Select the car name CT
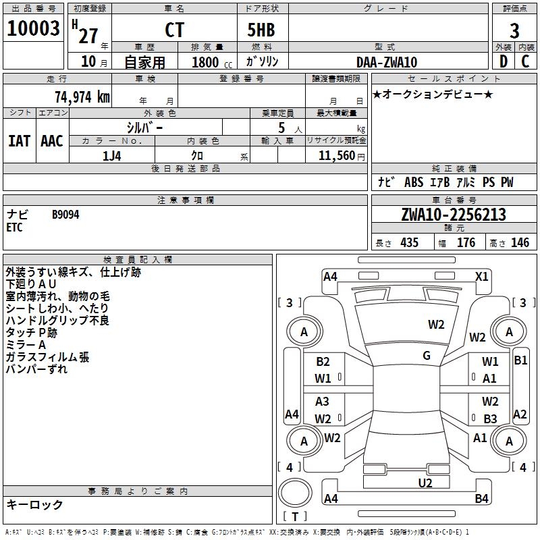[x=173, y=30]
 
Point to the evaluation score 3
[x=514, y=31]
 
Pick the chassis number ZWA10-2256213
[x=453, y=215]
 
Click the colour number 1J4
[x=112, y=155]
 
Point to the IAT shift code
[x=19, y=141]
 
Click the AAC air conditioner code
[x=51, y=141]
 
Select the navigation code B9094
[x=65, y=215]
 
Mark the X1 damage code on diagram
[x=481, y=276]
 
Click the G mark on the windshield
[x=427, y=355]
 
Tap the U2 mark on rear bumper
[x=425, y=482]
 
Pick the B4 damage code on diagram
[x=481, y=499]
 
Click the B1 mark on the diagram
[x=520, y=360]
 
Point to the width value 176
[x=466, y=243]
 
